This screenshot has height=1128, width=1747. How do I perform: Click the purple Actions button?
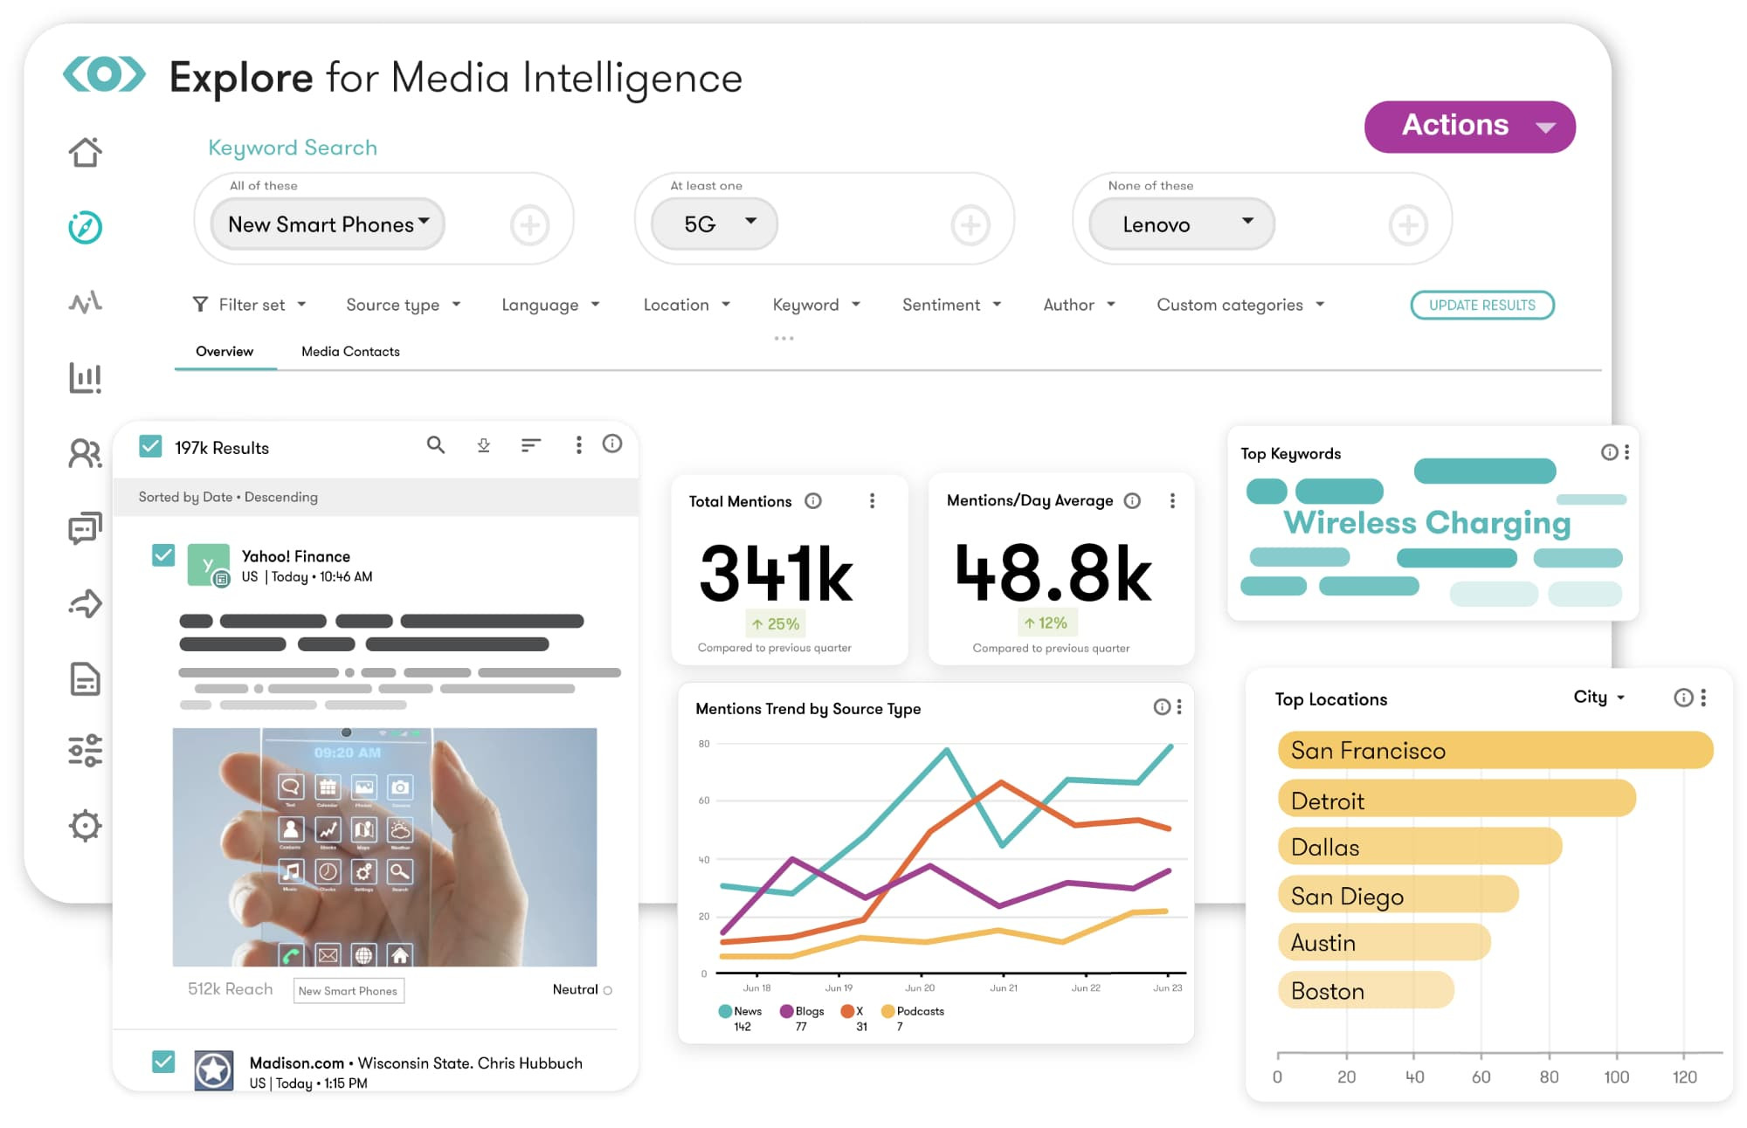coord(1469,127)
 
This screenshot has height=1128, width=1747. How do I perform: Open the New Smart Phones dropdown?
coord(328,224)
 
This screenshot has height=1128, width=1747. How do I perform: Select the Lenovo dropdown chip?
coord(1181,224)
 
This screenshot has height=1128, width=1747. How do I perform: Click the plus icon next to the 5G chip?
coord(970,225)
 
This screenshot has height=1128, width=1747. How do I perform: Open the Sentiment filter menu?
coord(951,305)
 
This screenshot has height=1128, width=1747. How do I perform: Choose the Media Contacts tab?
coord(350,351)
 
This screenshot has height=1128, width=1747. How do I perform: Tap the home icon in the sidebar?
coord(86,152)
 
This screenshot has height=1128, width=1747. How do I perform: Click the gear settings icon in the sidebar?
coord(86,825)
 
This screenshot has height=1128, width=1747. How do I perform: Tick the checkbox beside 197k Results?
coord(151,447)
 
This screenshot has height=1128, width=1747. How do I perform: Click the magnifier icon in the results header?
coord(435,445)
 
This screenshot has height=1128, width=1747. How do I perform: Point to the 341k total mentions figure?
coord(776,574)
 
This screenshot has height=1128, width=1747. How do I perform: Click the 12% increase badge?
coord(1046,622)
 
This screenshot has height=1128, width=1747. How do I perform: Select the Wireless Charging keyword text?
coord(1426,522)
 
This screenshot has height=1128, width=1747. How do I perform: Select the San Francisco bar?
coord(1494,750)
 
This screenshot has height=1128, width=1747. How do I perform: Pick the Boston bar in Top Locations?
coord(1364,990)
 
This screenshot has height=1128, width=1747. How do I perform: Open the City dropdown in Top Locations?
coord(1599,697)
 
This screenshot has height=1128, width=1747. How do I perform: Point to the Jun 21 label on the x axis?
coord(1003,987)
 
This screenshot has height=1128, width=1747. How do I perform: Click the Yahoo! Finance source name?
coord(295,556)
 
